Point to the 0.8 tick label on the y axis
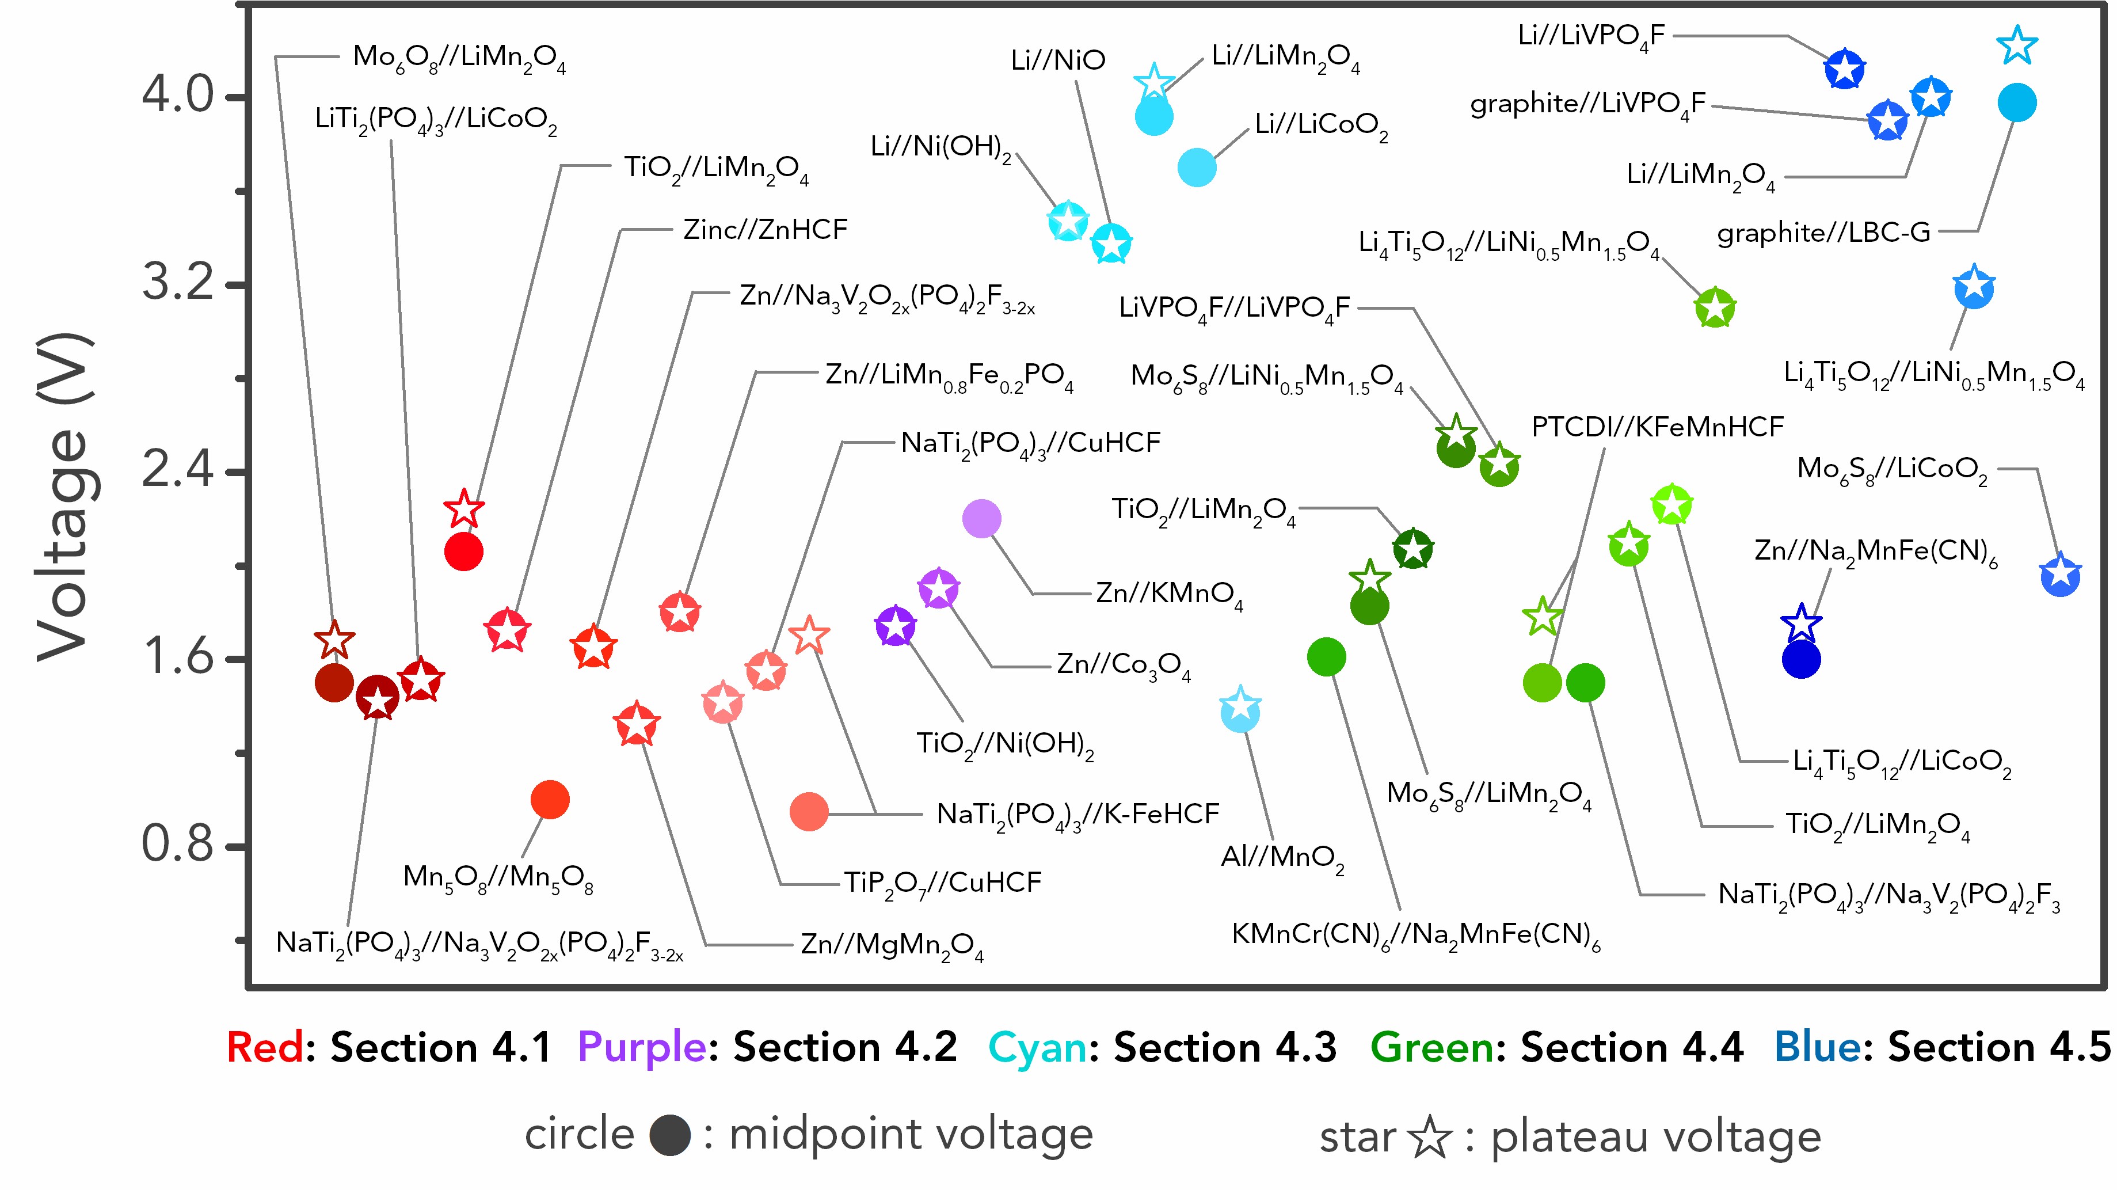pyautogui.click(x=177, y=844)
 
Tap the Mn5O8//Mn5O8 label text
pyautogui.click(x=498, y=878)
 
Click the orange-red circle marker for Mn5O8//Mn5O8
pyautogui.click(x=550, y=800)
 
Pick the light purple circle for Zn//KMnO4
pyautogui.click(x=981, y=519)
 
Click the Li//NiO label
pyautogui.click(x=1058, y=60)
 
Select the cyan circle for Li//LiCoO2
pyautogui.click(x=1197, y=168)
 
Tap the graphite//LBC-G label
pyautogui.click(x=1823, y=233)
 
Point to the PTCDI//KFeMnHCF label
pyautogui.click(x=1657, y=427)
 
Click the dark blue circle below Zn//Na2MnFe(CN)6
pyautogui.click(x=1800, y=659)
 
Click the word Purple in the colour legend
pyautogui.click(x=641, y=1047)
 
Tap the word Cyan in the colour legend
pyautogui.click(x=1037, y=1047)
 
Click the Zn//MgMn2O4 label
pyautogui.click(x=892, y=945)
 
